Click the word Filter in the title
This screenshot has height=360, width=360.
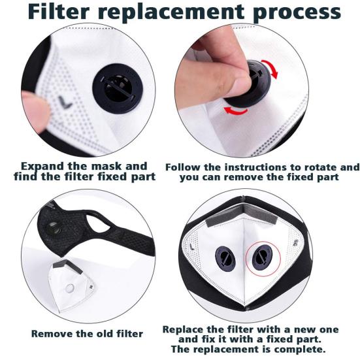coord(59,12)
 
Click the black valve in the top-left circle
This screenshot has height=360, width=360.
coord(118,88)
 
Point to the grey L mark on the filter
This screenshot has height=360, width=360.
coord(65,103)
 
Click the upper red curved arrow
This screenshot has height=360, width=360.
coord(270,68)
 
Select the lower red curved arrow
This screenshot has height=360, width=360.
coord(236,111)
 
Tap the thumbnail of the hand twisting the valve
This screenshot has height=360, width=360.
coord(242,90)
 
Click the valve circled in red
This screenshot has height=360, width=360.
coord(262,257)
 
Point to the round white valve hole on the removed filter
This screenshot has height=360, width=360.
coord(70,288)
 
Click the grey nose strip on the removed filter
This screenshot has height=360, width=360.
coord(68,266)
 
